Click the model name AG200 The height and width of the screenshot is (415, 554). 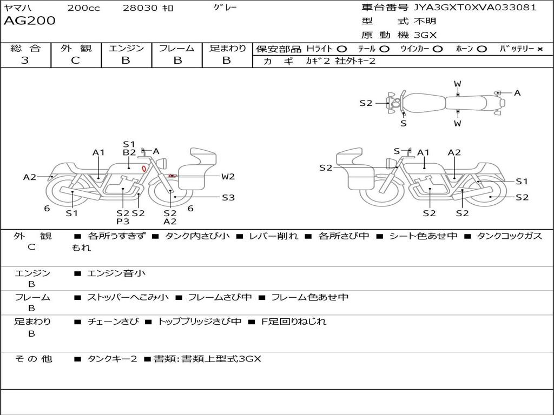click(30, 21)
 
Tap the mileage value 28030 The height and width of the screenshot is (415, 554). click(140, 8)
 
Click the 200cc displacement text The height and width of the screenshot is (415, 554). click(83, 8)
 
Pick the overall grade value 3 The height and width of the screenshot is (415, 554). click(25, 61)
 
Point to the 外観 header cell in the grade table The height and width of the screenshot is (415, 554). click(76, 49)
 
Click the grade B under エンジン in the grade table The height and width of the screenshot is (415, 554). click(126, 61)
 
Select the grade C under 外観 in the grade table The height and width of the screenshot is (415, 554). click(76, 61)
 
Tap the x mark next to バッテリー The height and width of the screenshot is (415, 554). click(539, 49)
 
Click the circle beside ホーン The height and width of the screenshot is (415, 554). click(482, 49)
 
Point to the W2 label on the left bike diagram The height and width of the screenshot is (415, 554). click(228, 176)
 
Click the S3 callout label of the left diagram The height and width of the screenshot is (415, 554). click(228, 198)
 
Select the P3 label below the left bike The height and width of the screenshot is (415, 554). click(123, 222)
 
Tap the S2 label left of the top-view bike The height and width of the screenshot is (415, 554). click(366, 103)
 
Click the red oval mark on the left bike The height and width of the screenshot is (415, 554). click(144, 169)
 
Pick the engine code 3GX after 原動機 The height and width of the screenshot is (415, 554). click(425, 35)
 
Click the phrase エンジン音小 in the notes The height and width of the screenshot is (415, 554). click(116, 273)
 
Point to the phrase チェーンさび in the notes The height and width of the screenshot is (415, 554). click(113, 322)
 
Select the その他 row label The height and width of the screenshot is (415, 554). click(33, 359)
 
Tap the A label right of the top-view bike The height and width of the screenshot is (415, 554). click(517, 93)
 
